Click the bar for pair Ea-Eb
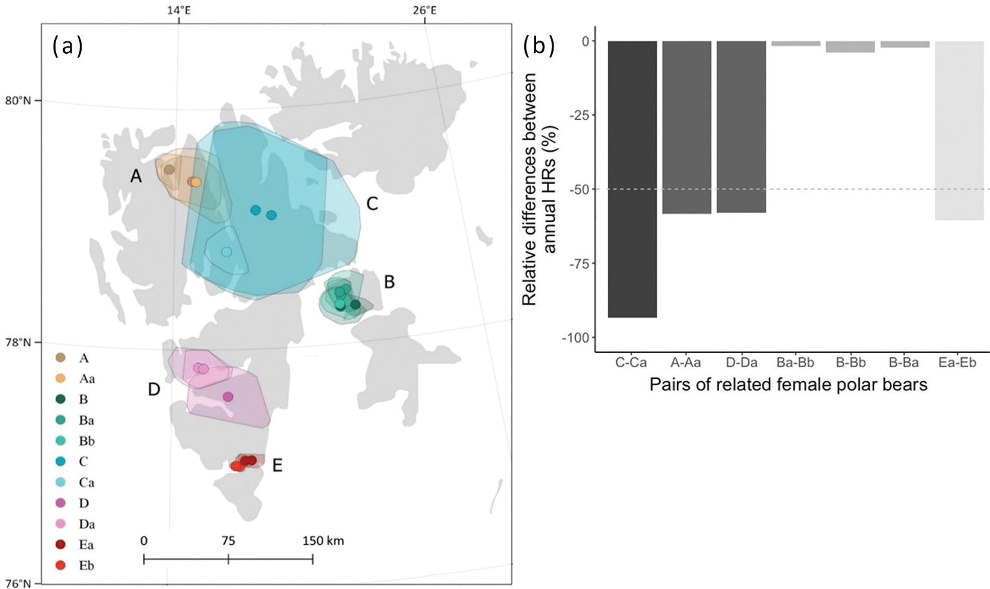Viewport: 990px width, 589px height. pos(959,130)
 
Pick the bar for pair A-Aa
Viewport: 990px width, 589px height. pos(687,127)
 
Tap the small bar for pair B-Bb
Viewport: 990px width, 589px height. pos(850,47)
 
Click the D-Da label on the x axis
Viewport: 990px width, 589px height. pos(741,362)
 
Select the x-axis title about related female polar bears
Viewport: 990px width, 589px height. pos(788,385)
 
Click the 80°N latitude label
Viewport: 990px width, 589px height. pos(18,100)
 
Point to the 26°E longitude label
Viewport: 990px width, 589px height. pos(424,10)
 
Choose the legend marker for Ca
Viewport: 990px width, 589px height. pos(61,482)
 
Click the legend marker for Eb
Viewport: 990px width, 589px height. pos(61,565)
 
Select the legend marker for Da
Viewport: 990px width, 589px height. pos(61,524)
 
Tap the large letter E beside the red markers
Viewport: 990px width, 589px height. pos(277,466)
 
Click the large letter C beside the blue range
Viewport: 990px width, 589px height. pos(372,204)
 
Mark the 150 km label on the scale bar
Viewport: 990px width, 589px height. pos(323,541)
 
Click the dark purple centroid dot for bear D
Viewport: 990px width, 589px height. pos(228,397)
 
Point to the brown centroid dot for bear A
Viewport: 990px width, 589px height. pos(169,170)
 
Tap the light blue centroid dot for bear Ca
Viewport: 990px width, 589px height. pos(227,252)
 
